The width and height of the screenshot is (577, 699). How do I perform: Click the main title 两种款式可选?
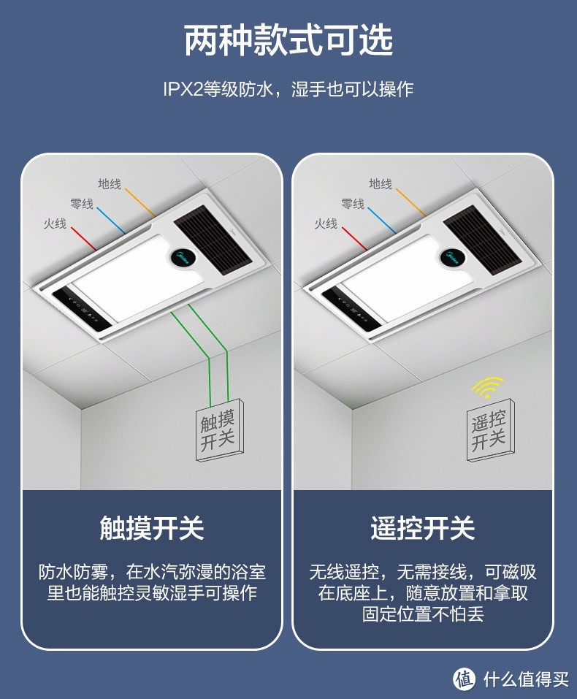tap(288, 41)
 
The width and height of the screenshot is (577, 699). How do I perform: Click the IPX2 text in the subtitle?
tap(183, 89)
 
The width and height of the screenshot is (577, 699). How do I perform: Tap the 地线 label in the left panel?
tap(110, 183)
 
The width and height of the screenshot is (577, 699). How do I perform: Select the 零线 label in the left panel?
tap(82, 204)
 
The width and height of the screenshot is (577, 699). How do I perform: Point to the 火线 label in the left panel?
tap(55, 224)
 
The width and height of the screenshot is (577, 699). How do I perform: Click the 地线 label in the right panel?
tap(381, 183)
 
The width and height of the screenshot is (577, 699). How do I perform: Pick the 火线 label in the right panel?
tap(326, 224)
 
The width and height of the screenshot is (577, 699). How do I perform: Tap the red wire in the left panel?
tap(84, 239)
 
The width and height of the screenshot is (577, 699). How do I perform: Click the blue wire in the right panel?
tap(382, 221)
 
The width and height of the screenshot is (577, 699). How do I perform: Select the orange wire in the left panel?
tap(140, 202)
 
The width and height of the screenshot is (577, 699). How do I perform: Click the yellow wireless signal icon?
tap(488, 387)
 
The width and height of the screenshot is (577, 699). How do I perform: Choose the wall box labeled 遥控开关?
tap(491, 429)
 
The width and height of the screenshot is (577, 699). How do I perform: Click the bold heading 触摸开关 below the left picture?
tap(152, 528)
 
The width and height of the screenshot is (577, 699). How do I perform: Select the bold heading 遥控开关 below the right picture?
tap(423, 528)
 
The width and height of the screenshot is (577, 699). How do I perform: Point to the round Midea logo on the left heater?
tap(183, 258)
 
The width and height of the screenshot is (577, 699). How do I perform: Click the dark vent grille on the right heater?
tap(484, 240)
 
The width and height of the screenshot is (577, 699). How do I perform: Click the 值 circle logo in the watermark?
tap(465, 679)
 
